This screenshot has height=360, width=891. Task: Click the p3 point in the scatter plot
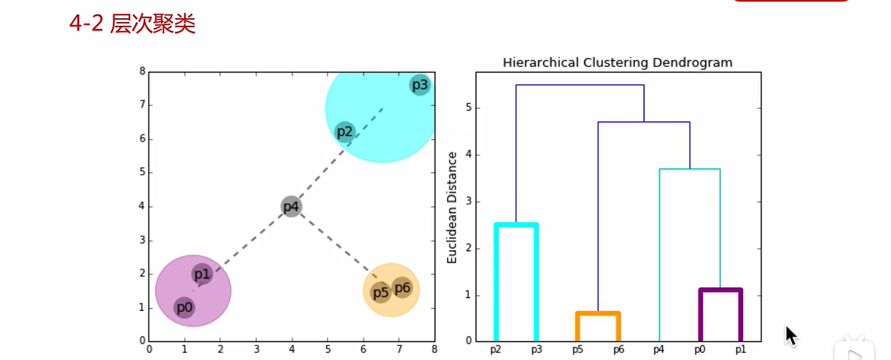click(420, 85)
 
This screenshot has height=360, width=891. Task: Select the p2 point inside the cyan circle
click(345, 132)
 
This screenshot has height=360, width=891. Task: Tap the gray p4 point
click(291, 206)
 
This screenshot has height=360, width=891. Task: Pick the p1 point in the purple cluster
click(202, 274)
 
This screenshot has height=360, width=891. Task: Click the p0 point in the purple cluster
click(184, 307)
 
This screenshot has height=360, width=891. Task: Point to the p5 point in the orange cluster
click(380, 293)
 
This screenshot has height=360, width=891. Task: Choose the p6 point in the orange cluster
click(402, 288)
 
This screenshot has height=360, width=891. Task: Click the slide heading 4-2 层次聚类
click(132, 23)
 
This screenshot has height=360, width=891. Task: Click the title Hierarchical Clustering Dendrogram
click(617, 63)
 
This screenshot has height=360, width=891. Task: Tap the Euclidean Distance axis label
click(452, 207)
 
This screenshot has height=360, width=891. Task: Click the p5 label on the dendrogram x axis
click(577, 350)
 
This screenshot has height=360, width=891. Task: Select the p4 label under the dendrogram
click(659, 350)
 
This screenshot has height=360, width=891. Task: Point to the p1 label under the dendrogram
click(741, 350)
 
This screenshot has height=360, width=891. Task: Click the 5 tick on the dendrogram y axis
click(468, 108)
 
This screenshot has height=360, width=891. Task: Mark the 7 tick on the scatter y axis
click(142, 104)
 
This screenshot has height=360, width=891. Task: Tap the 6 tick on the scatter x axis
click(363, 350)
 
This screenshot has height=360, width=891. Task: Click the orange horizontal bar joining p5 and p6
click(598, 313)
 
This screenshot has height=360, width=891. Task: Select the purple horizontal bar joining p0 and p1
click(720, 290)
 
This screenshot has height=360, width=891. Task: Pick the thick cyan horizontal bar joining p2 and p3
click(516, 225)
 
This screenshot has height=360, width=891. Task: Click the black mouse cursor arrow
click(791, 336)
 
